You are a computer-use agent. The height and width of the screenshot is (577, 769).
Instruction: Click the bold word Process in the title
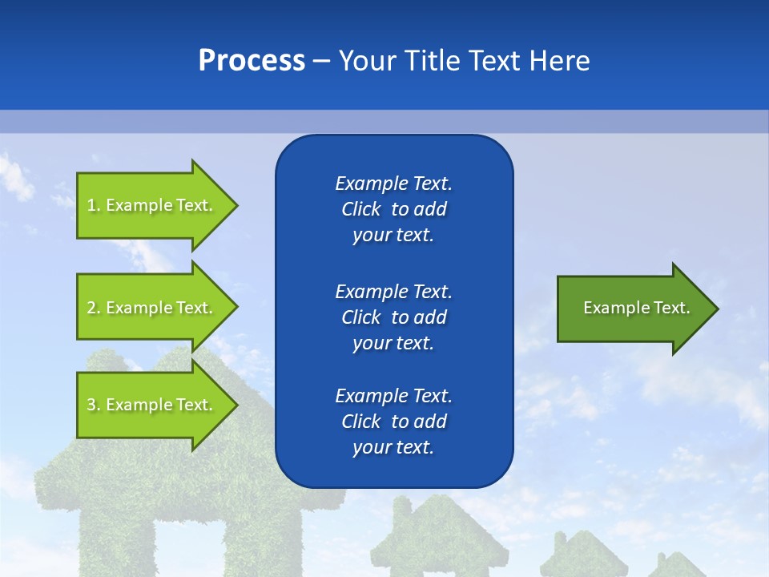pos(252,61)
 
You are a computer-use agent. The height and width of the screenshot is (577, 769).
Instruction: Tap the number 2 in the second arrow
pos(91,308)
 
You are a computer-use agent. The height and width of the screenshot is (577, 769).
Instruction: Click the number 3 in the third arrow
pos(91,405)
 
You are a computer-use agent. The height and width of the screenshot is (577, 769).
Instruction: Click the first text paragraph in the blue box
pos(393,209)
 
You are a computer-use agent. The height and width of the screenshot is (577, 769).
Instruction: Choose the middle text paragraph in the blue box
pos(393,317)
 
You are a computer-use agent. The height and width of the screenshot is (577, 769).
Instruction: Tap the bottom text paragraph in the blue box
pos(393,422)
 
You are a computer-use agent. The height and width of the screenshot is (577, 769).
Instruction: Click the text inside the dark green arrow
pos(636,308)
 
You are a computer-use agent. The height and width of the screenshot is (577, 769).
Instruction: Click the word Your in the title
pos(368,61)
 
